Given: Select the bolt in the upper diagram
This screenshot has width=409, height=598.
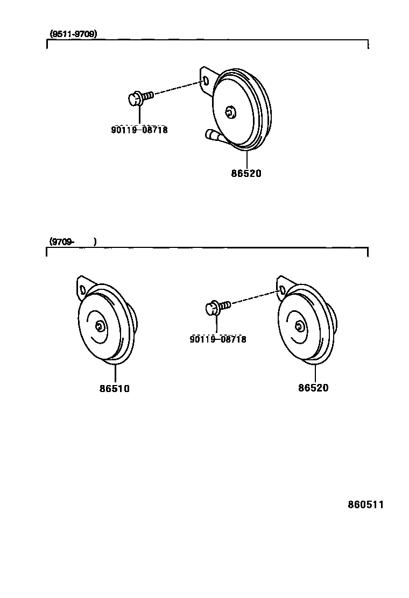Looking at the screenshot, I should point(140,97).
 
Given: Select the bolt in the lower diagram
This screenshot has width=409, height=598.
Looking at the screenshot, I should point(217,307).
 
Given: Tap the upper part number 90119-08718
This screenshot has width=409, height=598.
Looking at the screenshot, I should point(139,130).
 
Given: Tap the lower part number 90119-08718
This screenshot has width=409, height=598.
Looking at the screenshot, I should point(218,339).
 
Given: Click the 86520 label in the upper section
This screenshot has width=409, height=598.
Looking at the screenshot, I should point(246,174).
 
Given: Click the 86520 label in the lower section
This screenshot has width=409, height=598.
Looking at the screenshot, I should point(313,388).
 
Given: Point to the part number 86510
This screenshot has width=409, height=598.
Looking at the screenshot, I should point(114,388).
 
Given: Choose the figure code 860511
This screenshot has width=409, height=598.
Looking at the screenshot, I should point(365,505).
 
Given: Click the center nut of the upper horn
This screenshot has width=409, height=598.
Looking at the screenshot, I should point(231,112).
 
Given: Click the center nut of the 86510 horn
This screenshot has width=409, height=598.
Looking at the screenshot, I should point(100,326).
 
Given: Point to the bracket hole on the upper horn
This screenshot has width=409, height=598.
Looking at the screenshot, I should point(206,81).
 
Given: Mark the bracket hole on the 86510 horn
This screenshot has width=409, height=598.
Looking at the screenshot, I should point(82,290).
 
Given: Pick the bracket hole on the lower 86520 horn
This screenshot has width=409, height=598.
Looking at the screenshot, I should point(281,290).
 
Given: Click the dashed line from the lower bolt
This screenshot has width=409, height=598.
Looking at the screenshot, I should point(253,298).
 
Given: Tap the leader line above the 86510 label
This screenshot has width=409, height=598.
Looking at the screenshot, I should point(115,372).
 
